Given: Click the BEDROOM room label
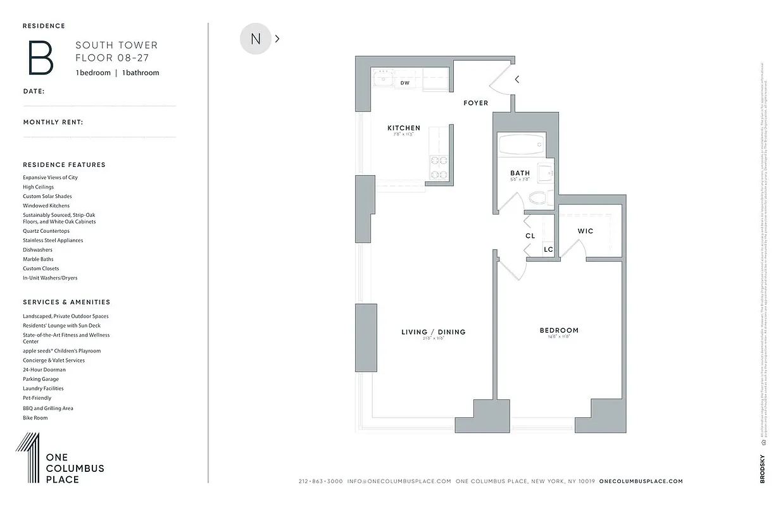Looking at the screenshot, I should [x=559, y=330].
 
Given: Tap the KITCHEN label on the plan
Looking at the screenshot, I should [x=404, y=128].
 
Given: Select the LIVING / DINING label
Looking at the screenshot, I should [x=434, y=332].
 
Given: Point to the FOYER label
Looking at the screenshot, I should [x=476, y=102].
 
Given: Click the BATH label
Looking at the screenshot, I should [x=520, y=173].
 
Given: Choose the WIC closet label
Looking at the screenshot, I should [x=586, y=231].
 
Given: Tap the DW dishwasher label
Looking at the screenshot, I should [x=405, y=83].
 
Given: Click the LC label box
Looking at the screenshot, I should [x=548, y=249].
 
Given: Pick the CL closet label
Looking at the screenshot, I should [x=530, y=236].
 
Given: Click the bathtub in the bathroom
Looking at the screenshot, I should [x=521, y=145].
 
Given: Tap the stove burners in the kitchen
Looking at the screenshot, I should [x=438, y=168].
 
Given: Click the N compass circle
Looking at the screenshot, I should [x=256, y=39].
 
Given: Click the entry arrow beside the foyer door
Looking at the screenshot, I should [x=517, y=80].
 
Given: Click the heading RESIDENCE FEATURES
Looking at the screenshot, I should [x=64, y=164].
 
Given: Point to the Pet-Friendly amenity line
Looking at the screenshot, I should [x=37, y=398].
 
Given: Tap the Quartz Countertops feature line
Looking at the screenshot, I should [x=46, y=231].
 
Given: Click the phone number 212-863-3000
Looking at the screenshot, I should [x=320, y=481].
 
